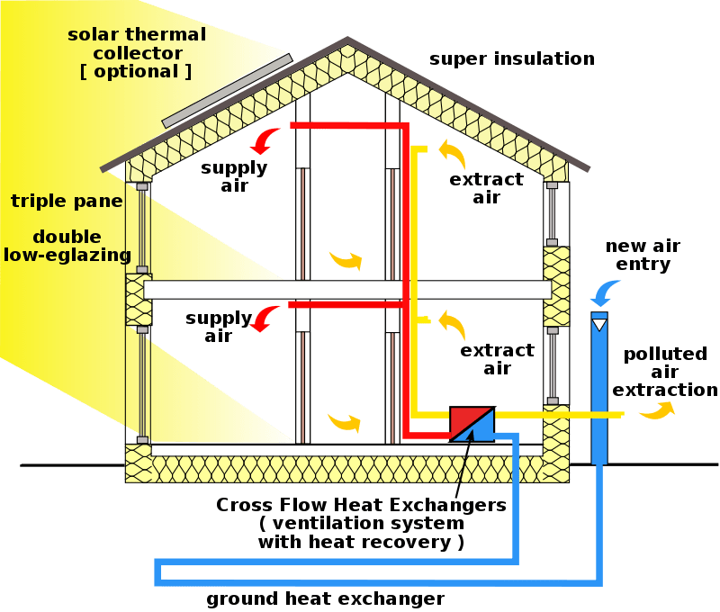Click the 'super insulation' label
point(511,59)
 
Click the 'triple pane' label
point(66,201)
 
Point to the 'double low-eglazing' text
point(67,246)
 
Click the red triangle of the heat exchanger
point(465,418)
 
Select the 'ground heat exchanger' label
point(325,598)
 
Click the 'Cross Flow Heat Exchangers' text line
point(361,504)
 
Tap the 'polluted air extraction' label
point(665,372)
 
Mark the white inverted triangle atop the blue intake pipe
point(599,322)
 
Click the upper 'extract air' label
point(486,188)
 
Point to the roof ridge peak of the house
point(347,41)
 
